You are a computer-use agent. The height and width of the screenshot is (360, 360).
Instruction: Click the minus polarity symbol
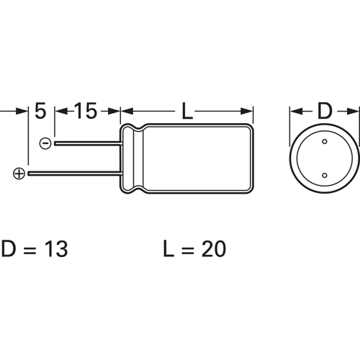(45, 143)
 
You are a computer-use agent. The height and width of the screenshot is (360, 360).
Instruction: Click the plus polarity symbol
(19, 174)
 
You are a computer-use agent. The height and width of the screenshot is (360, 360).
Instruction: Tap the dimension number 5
(40, 112)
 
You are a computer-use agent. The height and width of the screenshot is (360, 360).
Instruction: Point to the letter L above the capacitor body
(187, 112)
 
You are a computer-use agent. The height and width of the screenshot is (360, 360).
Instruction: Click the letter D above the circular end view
(325, 112)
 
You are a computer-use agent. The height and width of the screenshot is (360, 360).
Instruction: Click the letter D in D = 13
(9, 249)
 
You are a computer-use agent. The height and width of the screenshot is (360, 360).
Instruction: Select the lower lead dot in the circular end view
(325, 176)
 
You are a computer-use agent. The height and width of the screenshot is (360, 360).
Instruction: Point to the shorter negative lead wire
(86, 143)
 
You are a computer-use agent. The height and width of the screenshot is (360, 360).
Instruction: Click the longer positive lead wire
(72, 174)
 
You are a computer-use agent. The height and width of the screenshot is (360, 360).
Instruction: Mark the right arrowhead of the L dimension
(249, 112)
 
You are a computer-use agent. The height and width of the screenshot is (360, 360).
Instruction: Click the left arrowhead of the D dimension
(294, 112)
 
